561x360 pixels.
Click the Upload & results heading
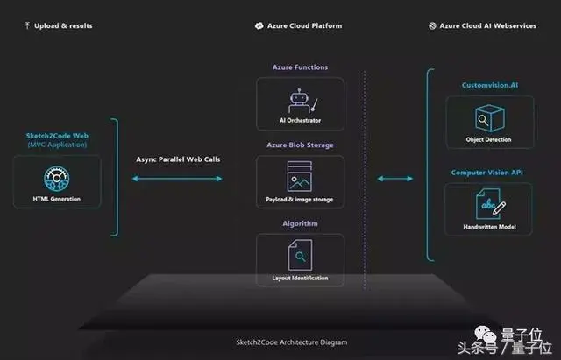62,25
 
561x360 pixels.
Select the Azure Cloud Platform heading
301,25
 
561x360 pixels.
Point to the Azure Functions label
300,67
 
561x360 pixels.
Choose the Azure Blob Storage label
300,145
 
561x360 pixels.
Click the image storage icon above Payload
300,177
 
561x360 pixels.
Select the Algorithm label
300,223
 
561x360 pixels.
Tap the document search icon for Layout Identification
300,255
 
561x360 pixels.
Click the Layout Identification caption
300,279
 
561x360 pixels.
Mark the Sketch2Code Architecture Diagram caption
280,342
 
